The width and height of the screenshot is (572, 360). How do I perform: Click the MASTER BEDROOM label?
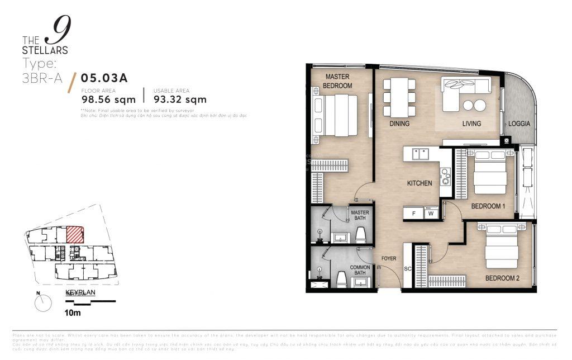[339, 81]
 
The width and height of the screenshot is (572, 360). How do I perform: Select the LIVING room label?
[471, 124]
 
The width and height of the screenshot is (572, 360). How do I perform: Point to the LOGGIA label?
[519, 124]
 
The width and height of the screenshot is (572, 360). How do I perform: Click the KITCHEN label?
[419, 183]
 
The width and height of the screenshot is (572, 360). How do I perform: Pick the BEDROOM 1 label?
[488, 206]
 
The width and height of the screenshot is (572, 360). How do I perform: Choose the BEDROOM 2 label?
[502, 278]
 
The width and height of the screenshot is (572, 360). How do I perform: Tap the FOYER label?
[389, 259]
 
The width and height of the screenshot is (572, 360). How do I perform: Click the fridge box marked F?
[414, 213]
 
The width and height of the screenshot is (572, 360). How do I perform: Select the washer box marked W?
[430, 213]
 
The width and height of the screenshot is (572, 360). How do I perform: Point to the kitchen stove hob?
[445, 177]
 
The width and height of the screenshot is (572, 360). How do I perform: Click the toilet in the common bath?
[341, 279]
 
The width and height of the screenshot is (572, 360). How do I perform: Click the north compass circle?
[42, 304]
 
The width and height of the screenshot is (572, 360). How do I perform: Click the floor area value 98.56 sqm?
[108, 100]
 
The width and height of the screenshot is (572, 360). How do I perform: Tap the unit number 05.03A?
[104, 78]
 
